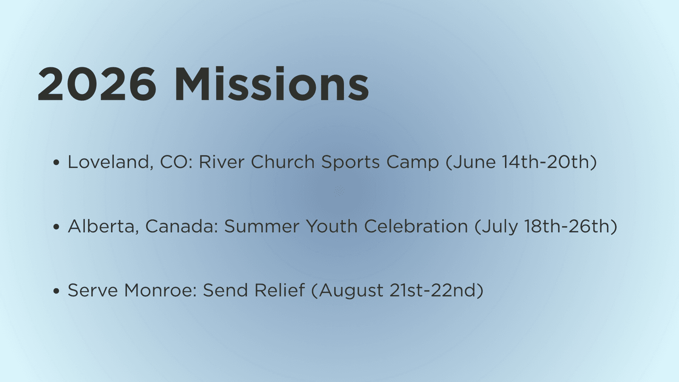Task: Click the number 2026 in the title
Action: tap(97, 84)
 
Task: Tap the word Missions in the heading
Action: tap(272, 83)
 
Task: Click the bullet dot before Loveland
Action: tap(56, 162)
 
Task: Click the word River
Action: tap(222, 162)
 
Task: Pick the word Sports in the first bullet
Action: tap(350, 162)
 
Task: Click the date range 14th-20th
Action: tap(546, 162)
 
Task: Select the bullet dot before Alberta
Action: tap(56, 226)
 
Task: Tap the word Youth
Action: tap(332, 226)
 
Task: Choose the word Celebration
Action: tap(416, 226)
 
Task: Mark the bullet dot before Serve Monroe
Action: tap(56, 291)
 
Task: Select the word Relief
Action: tap(279, 290)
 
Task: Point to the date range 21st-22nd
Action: tap(434, 290)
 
